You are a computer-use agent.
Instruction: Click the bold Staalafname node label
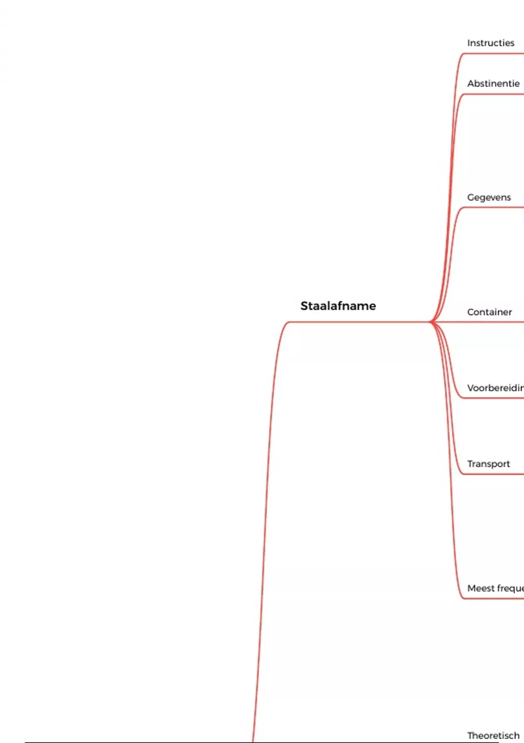coord(338,306)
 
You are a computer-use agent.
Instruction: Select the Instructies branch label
coord(490,43)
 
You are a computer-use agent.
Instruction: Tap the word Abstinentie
coord(493,83)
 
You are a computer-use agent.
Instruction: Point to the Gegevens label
coord(489,197)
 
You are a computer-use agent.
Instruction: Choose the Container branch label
coord(489,312)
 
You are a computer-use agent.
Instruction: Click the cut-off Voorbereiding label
coord(495,388)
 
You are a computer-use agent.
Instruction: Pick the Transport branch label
coord(488,464)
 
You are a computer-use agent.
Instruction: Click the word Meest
coord(481,588)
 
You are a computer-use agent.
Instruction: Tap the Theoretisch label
coord(493,736)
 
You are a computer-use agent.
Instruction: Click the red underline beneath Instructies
coord(493,54)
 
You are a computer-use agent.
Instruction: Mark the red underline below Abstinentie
coord(493,94)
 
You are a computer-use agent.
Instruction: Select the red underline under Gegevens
coord(493,208)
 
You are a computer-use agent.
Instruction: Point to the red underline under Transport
coord(493,474)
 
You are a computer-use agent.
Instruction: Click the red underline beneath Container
coord(493,322)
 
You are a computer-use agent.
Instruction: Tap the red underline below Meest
coord(493,599)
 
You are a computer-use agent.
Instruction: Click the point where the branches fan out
coord(431,322)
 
